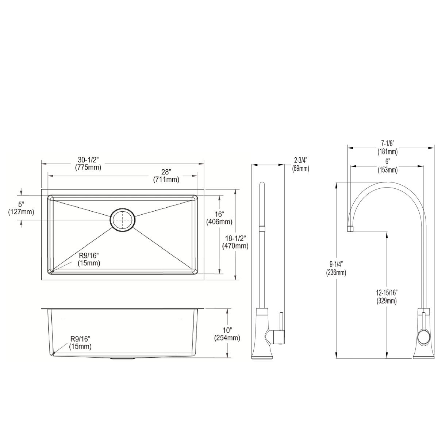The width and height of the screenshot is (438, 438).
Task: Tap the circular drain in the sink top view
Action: (123, 220)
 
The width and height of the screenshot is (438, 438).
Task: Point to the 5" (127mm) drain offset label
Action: (21, 208)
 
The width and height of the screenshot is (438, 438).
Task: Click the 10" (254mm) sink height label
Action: (227, 334)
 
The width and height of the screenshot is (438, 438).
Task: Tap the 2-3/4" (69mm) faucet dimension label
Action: (300, 164)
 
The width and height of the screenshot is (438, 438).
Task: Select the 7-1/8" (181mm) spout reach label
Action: (387, 148)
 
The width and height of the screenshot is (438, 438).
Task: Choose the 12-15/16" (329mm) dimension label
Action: (387, 297)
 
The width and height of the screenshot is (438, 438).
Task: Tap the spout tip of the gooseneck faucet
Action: (350, 229)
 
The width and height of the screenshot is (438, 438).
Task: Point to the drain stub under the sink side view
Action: (123, 360)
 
